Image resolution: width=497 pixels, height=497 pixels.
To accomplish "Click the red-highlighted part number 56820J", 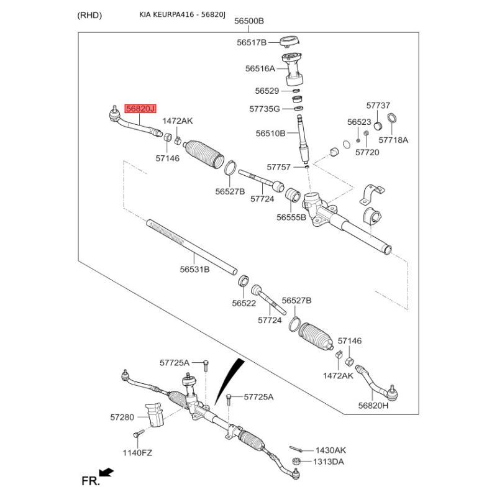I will tap(140, 109).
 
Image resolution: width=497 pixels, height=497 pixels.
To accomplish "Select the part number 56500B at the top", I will tap(249, 21).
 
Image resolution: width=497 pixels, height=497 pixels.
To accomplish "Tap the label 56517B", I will tap(251, 42).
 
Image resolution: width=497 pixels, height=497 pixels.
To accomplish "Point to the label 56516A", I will tap(260, 68).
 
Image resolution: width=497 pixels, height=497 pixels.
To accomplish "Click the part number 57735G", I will tap(265, 109).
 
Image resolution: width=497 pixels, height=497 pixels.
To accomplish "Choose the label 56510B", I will tap(270, 133).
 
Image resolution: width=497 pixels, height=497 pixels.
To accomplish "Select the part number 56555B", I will tap(291, 217).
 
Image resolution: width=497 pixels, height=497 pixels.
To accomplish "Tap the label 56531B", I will tap(194, 270).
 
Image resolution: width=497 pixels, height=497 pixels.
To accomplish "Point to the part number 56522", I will tap(244, 303).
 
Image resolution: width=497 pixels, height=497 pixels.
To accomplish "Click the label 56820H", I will tap(373, 405).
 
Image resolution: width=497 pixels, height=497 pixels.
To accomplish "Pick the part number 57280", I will tap(122, 417).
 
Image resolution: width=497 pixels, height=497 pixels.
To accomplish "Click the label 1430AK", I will tap(331, 450).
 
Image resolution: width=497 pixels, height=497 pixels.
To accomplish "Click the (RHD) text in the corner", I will tap(89, 15).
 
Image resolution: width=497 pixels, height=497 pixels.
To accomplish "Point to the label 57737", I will tap(378, 106).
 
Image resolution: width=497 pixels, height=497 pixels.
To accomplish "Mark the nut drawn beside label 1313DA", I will tap(296, 462).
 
